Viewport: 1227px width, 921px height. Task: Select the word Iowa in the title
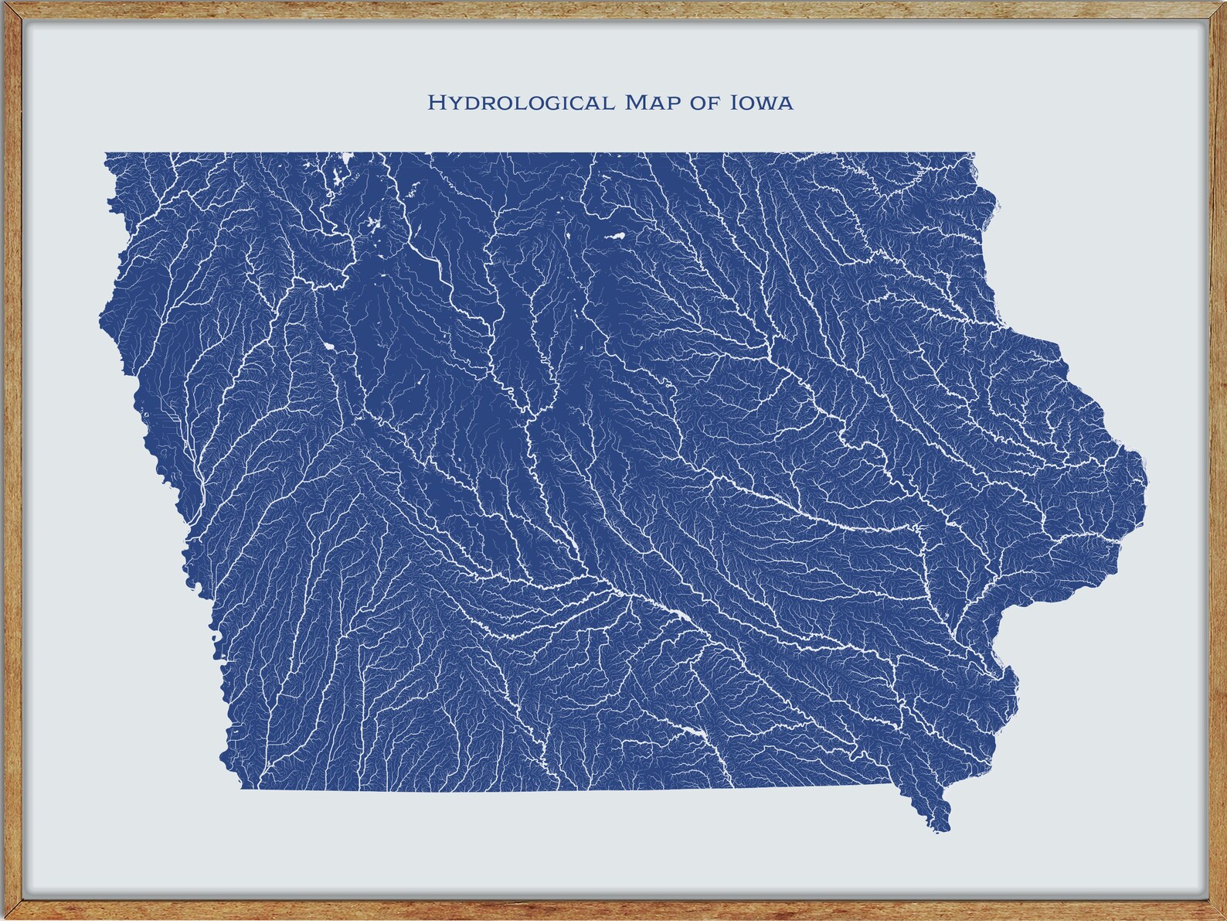[x=761, y=102]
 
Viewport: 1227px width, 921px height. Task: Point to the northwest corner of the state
[x=106, y=154]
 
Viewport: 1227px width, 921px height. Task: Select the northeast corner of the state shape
[x=974, y=154]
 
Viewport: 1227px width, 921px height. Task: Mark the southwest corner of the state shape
[x=241, y=788]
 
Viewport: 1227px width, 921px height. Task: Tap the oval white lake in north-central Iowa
[x=616, y=236]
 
